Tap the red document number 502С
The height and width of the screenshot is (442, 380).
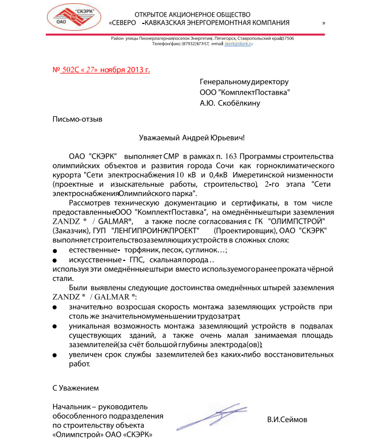coord(70,70)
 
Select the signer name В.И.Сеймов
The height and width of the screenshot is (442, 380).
coord(287,420)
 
